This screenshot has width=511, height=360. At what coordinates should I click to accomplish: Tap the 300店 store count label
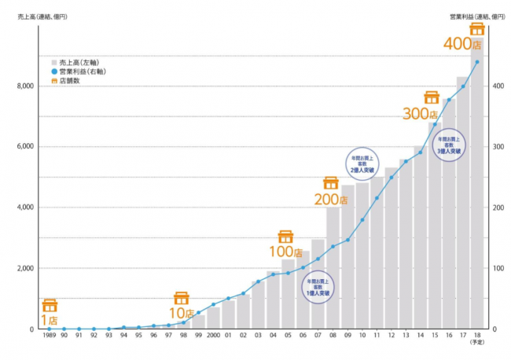click(x=421, y=112)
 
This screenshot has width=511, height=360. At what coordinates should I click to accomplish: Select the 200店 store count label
click(x=331, y=199)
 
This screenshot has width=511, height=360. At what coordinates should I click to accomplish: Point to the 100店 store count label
click(x=286, y=252)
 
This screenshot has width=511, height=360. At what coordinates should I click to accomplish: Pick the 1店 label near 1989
click(x=49, y=320)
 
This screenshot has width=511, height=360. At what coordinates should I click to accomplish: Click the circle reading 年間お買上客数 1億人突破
click(x=318, y=286)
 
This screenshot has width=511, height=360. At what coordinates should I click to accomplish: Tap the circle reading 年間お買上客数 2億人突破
click(x=363, y=163)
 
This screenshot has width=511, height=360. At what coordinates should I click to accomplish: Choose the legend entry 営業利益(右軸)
click(x=87, y=71)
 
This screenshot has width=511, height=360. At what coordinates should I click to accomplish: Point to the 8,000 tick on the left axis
click(x=24, y=86)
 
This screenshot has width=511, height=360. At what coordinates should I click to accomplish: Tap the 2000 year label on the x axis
click(x=213, y=336)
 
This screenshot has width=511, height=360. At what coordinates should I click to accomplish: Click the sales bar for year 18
click(x=476, y=189)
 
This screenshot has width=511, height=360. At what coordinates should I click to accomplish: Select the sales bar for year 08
click(x=333, y=267)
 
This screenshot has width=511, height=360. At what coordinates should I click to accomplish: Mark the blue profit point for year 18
click(x=476, y=61)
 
